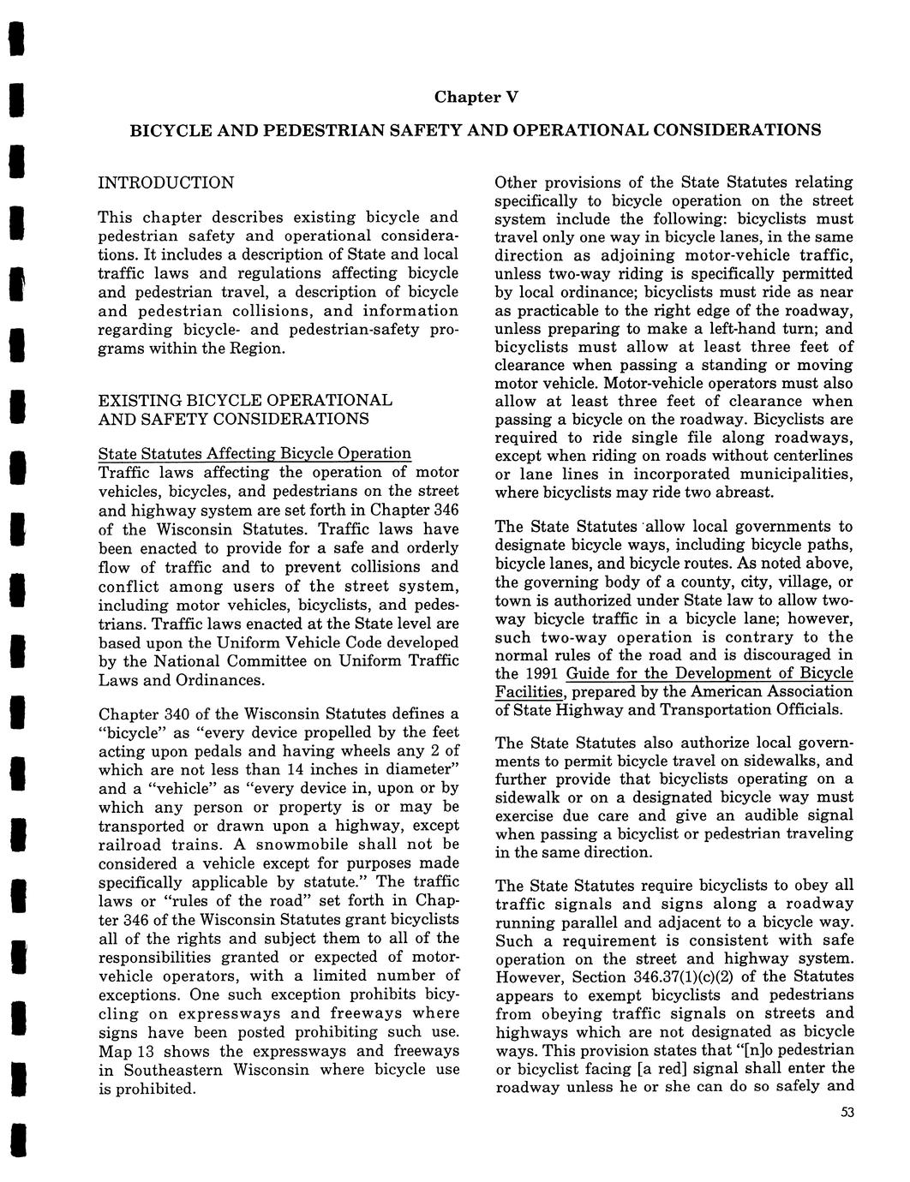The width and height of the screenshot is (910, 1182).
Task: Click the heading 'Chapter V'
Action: [476, 96]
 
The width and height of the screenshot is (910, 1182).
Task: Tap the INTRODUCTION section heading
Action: [165, 182]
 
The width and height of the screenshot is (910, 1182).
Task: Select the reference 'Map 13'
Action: [126, 1051]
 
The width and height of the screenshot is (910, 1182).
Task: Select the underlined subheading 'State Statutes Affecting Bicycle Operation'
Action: [254, 453]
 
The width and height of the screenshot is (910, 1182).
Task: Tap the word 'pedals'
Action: [225, 751]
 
